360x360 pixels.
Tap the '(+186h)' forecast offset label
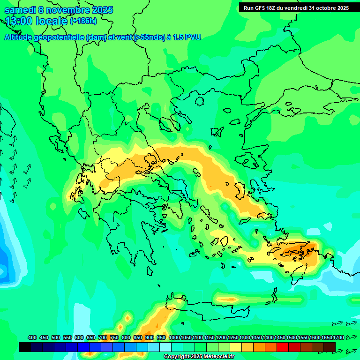pos(83,21)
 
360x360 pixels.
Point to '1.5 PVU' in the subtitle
pos(187,37)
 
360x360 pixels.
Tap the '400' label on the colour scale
pos(32,337)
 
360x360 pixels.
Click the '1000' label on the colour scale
pos(174,337)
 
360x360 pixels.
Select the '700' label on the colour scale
pos(102,337)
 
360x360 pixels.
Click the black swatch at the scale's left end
pos(25,347)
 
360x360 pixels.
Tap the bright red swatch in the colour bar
pos(283,347)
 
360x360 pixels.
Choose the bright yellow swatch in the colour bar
pos(236,347)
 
